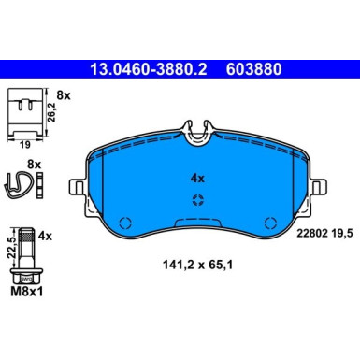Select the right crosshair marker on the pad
coord(270,223)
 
